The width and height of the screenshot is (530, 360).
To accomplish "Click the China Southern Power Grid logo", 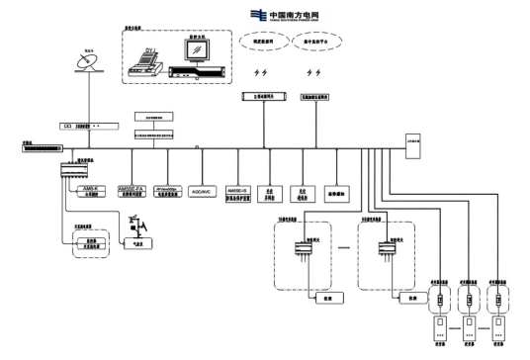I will click(x=286, y=14).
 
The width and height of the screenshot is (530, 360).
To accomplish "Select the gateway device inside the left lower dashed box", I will click(x=299, y=251).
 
